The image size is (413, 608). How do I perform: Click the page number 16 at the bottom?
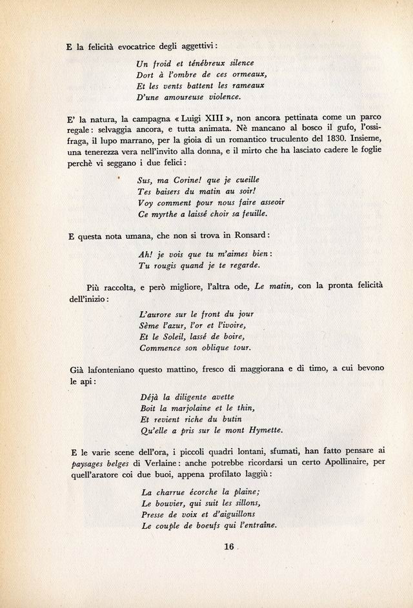[x=228, y=547]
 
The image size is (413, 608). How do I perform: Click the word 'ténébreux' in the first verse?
[x=190, y=63]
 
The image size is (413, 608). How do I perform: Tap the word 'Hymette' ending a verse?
[x=261, y=430]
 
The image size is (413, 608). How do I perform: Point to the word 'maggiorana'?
[x=272, y=369]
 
